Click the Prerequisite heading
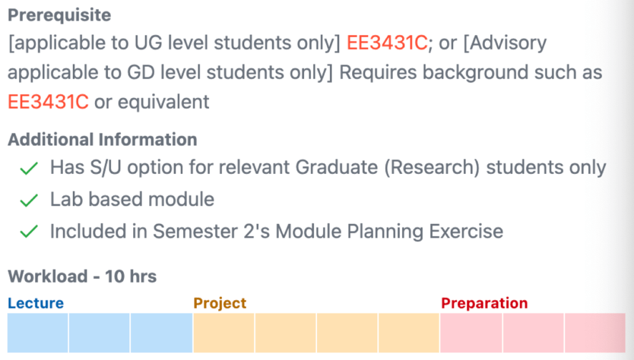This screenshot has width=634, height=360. (59, 15)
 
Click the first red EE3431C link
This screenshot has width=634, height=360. (387, 43)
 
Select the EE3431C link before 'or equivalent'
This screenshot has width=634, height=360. (48, 102)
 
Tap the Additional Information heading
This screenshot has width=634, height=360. (102, 140)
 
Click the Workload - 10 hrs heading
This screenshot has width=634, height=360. (82, 276)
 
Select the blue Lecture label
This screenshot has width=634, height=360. (35, 303)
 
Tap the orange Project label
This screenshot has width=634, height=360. (220, 303)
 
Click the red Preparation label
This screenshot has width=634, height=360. (484, 303)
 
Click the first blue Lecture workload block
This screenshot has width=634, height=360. (38, 332)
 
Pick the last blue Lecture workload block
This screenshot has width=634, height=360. (161, 332)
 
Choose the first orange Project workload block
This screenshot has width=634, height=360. (224, 332)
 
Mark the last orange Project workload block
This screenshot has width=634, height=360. (409, 332)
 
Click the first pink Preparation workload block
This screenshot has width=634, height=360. (471, 332)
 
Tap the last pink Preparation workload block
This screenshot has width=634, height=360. (594, 332)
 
